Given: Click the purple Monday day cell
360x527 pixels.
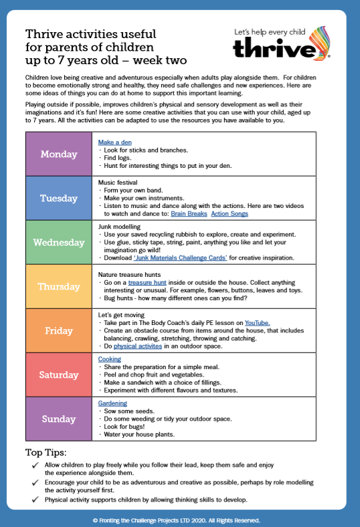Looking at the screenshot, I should (59, 154).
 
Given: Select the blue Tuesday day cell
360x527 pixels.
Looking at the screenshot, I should (59, 198).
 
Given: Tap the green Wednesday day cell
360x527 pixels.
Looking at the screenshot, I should (59, 242).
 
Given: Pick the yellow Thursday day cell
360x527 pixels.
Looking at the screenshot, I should (59, 286).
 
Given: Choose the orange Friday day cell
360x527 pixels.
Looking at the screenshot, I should (59, 330).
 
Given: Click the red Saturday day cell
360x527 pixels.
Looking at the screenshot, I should (59, 375).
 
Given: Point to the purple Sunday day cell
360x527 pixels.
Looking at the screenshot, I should (59, 419).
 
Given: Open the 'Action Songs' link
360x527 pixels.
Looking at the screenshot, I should (230, 214).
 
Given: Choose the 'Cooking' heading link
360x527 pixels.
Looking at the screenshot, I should (109, 359).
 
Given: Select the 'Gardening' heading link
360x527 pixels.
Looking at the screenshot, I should (112, 403).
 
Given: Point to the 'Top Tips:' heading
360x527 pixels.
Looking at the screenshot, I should (46, 451).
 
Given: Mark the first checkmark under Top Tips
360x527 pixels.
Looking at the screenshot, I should (35, 464).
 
